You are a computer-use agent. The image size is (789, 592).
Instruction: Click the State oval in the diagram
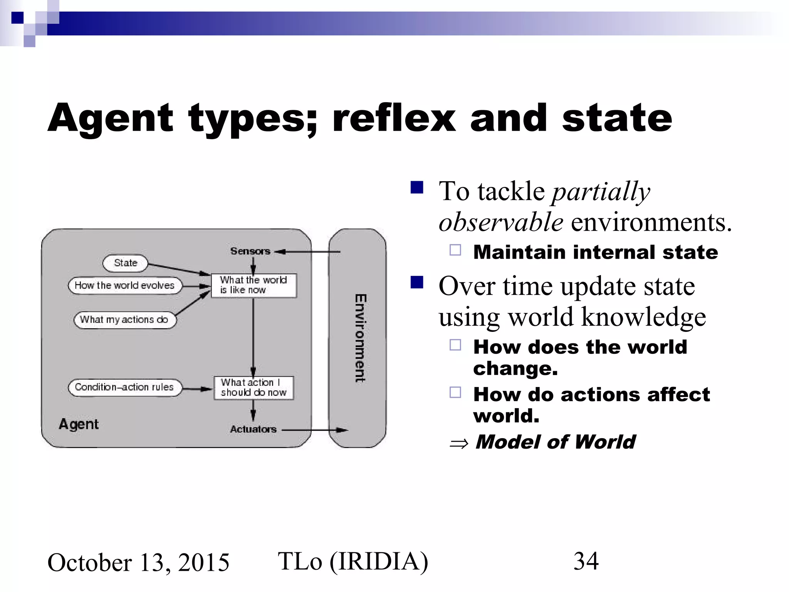125,263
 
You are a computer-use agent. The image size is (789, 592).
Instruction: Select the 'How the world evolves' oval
124,286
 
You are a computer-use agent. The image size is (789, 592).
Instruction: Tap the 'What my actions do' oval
124,320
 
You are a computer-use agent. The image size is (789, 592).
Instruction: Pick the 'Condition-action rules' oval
124,387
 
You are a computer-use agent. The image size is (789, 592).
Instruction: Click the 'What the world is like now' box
254,285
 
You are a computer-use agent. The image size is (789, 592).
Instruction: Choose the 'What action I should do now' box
253,388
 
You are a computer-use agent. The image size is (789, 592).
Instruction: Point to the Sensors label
250,251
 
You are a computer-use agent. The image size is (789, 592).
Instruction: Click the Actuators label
253,429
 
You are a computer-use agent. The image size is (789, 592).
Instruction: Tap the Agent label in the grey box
79,424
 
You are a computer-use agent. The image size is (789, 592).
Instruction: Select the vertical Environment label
360,338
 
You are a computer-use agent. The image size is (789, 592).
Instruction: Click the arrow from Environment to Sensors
308,252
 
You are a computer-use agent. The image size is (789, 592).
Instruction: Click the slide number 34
586,561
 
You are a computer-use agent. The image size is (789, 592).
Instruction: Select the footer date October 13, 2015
138,563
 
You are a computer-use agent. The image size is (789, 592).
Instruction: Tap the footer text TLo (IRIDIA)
353,562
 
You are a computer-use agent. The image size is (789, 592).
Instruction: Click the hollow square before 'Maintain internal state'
455,251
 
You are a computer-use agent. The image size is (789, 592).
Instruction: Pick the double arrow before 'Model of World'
459,444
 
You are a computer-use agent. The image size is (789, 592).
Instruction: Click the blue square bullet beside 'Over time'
417,282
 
